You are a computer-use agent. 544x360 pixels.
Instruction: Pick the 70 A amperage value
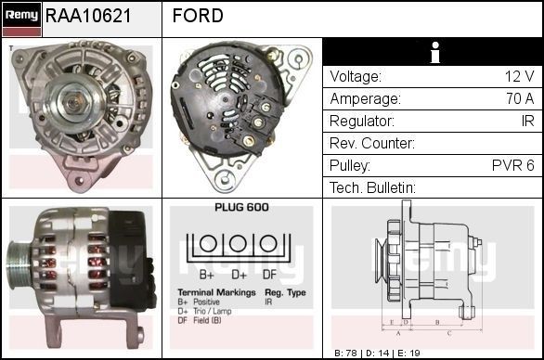(x=518, y=99)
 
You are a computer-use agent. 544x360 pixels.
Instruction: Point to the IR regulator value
(x=526, y=122)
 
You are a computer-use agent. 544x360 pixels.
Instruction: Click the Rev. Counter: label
(x=372, y=144)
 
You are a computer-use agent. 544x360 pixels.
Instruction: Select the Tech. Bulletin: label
(x=372, y=188)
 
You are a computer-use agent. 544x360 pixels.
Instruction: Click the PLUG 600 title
(x=241, y=208)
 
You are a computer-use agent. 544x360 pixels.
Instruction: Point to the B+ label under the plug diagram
(x=208, y=275)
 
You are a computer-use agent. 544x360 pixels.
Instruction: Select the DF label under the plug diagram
(x=269, y=275)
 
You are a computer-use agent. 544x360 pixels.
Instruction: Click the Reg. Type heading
(x=284, y=291)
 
